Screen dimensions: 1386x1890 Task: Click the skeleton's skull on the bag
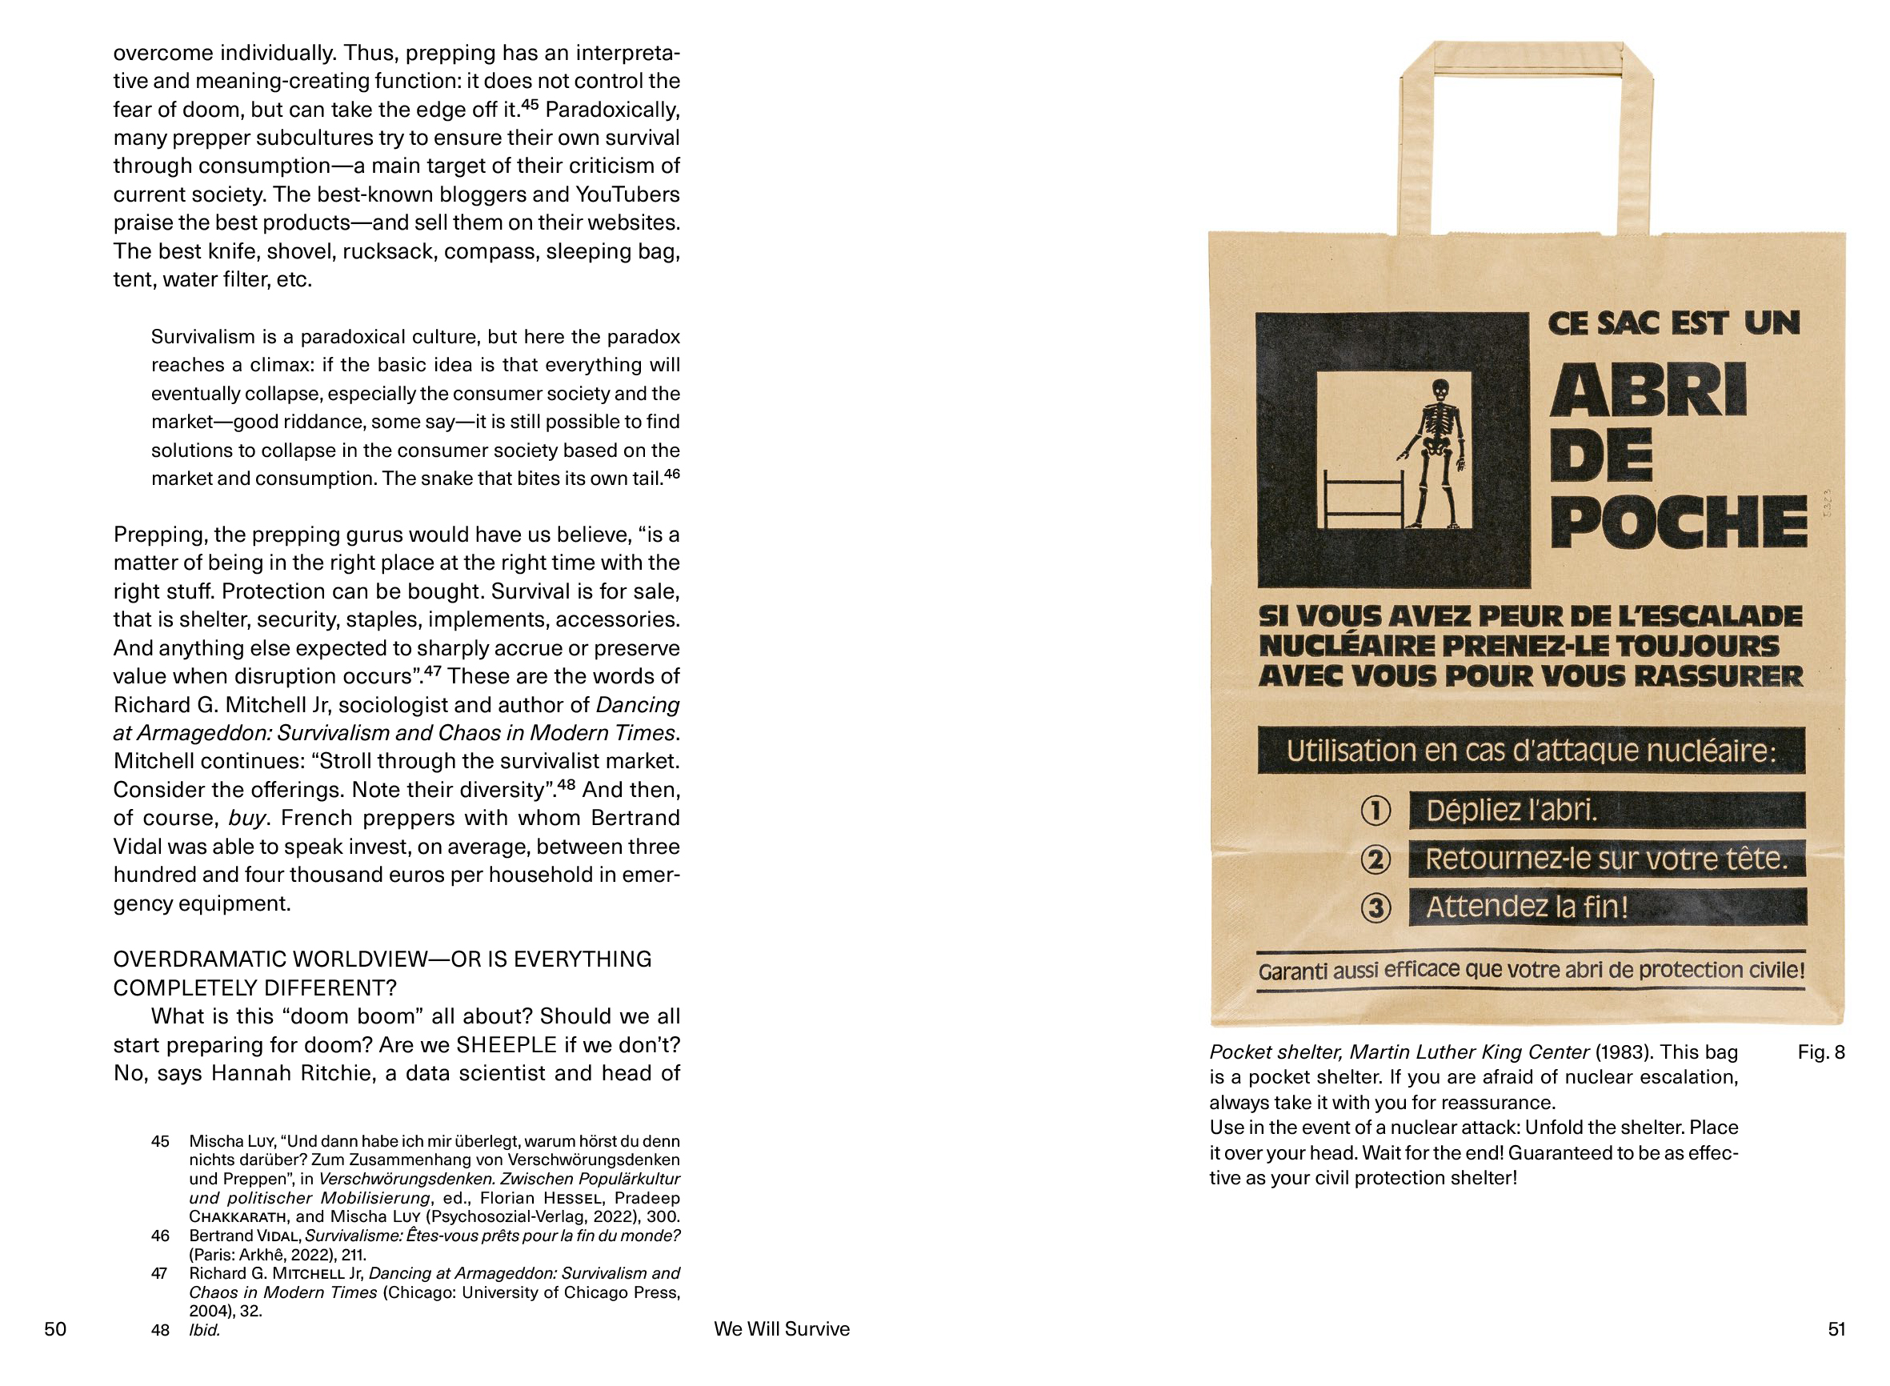1440,392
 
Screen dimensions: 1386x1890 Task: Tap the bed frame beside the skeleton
1363,501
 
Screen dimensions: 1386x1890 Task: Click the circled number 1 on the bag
1375,811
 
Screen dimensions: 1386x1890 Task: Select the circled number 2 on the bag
1375,859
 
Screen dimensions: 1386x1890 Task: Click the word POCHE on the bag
1677,522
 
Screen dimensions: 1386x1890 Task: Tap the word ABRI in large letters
1648,391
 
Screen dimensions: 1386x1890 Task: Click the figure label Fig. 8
1820,1052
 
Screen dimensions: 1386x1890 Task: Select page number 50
55,1329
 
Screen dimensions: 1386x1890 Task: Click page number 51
1836,1329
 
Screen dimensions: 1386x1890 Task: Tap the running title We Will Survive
781,1329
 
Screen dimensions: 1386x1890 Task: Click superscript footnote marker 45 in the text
530,105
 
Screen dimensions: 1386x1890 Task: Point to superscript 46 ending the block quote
671,474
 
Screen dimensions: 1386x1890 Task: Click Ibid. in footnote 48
205,1330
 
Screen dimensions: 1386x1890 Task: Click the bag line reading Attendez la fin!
1527,907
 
